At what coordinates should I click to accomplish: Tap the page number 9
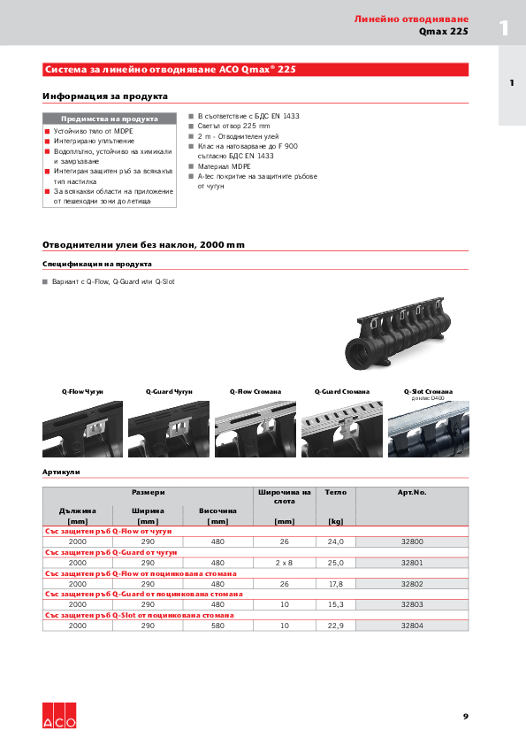[x=465, y=716]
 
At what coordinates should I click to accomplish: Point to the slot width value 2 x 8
[x=284, y=562]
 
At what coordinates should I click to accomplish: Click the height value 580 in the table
[x=217, y=626]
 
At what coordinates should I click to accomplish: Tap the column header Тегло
[x=335, y=491]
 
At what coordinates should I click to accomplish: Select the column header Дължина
[x=78, y=511]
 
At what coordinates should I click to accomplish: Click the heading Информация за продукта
[x=105, y=96]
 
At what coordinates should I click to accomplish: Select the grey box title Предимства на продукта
[x=110, y=119]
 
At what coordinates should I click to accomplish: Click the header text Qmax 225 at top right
[x=444, y=32]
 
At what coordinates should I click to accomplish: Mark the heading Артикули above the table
[x=61, y=472]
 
